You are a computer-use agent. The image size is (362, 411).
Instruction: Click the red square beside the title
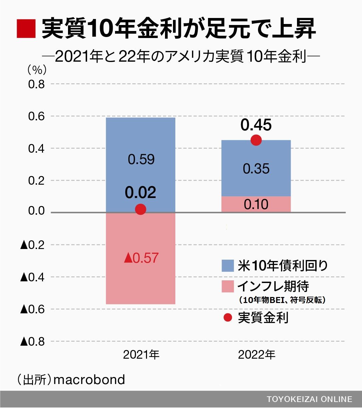coord(26,28)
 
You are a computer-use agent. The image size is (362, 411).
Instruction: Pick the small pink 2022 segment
coord(256,204)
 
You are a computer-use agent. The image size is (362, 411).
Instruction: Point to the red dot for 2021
coord(140,209)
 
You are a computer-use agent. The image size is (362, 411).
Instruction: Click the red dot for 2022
coord(256,140)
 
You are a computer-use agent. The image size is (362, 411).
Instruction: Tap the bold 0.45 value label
coord(256,125)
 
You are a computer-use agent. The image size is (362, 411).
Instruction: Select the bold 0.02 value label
coord(140,193)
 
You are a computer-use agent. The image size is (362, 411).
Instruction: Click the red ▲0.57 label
coord(141,258)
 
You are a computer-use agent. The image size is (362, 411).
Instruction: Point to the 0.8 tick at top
coord(36,84)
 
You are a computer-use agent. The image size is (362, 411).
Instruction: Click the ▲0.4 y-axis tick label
coord(33,277)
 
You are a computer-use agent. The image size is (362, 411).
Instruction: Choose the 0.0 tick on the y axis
coord(36,211)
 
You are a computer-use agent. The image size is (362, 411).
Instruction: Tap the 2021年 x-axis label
coord(141,355)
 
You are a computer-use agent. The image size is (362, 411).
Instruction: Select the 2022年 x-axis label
coord(256,355)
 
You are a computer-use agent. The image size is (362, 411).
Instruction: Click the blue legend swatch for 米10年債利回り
coord(228,266)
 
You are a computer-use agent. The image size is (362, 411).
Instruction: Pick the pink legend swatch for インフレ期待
coord(228,286)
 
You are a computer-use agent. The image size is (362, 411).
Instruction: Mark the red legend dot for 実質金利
coord(228,318)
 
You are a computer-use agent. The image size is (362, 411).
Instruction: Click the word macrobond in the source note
coord(89,380)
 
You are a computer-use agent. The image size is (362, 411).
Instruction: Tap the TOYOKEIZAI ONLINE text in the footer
coord(309,399)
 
